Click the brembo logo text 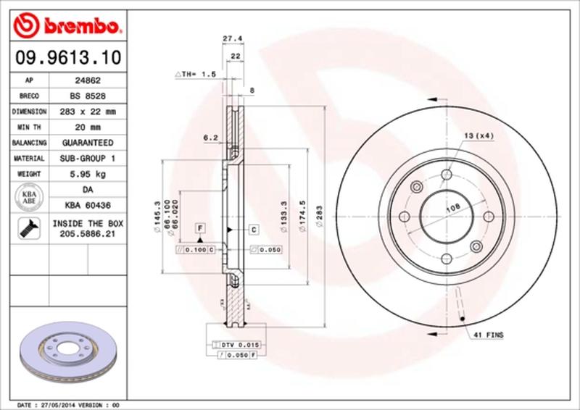pos(72,28)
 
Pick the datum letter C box pos(254,230)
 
